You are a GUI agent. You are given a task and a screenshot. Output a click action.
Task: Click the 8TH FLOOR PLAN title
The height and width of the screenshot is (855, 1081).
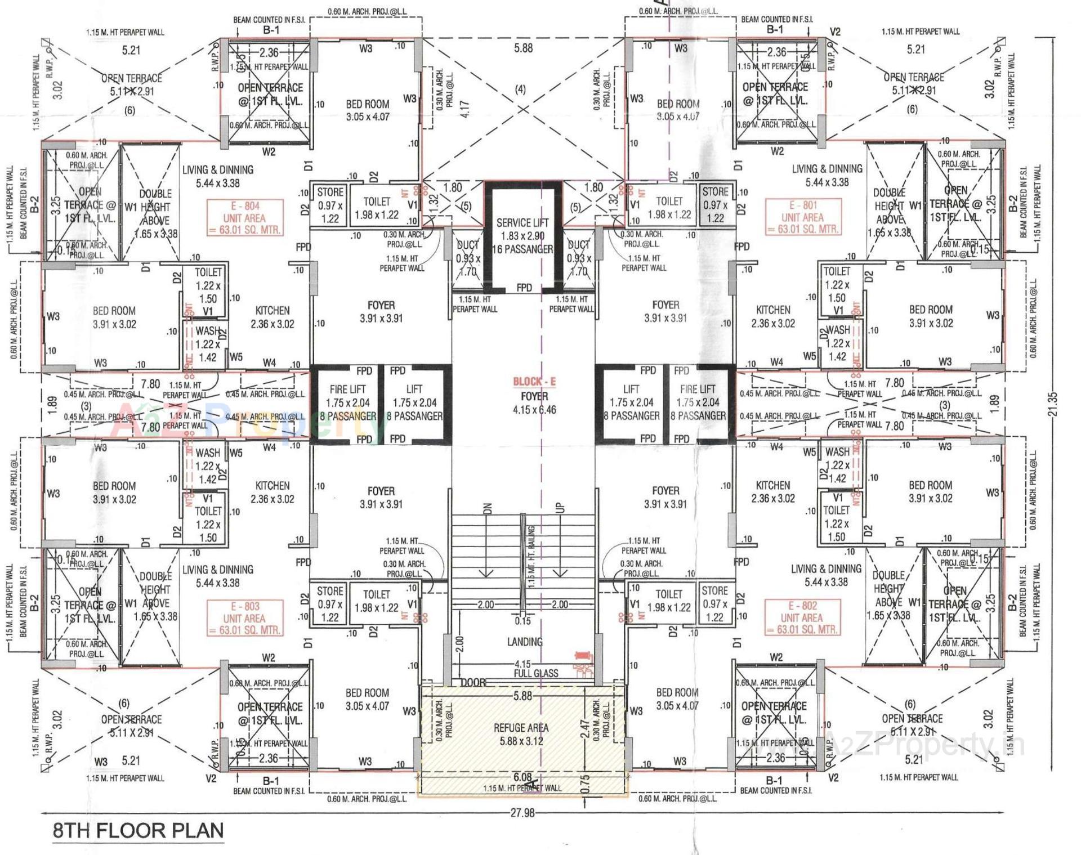tap(138, 831)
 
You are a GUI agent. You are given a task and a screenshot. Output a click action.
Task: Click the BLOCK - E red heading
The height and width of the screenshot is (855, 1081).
tap(534, 382)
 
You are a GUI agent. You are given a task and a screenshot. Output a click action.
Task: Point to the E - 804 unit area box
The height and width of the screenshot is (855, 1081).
tap(244, 218)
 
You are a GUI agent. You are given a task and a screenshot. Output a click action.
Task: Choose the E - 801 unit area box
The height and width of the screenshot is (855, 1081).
tap(802, 217)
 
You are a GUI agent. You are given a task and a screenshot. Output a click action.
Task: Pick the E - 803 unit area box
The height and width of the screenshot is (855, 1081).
tap(244, 618)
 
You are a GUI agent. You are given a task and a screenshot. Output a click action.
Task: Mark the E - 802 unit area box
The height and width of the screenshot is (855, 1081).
tap(802, 617)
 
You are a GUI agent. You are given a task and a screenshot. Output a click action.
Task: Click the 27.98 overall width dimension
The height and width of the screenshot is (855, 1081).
tap(522, 813)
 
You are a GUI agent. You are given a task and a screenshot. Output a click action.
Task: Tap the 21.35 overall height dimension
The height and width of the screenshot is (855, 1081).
tap(1053, 404)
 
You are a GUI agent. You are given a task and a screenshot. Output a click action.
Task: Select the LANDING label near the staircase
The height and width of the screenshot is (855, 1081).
tap(525, 642)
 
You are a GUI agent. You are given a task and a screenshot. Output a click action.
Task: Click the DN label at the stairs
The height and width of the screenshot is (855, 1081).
tap(488, 508)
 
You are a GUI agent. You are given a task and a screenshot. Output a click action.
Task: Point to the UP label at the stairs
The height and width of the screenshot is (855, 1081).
tap(560, 508)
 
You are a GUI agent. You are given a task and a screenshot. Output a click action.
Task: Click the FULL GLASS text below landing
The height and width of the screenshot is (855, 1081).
tap(536, 673)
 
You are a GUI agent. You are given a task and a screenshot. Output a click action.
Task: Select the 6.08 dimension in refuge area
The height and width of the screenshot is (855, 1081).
tap(522, 777)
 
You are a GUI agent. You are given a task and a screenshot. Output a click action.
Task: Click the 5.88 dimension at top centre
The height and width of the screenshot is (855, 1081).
tap(523, 48)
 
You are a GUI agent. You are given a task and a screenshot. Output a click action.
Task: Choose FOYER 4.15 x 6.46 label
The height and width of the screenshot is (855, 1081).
tap(534, 403)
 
